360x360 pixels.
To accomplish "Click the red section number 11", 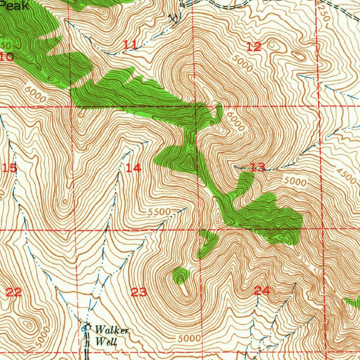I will (130, 45).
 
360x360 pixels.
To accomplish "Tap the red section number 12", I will (254, 46).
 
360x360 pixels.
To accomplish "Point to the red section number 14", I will (134, 168).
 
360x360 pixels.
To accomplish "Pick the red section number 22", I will (14, 292).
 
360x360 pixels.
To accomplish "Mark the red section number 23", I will (139, 292).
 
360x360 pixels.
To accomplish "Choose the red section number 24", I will (262, 290).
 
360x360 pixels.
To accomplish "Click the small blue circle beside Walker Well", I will (84, 329).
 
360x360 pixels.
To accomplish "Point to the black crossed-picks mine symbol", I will (173, 18).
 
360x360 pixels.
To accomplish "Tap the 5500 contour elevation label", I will (159, 212).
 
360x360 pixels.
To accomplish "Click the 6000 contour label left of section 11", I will (35, 95).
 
